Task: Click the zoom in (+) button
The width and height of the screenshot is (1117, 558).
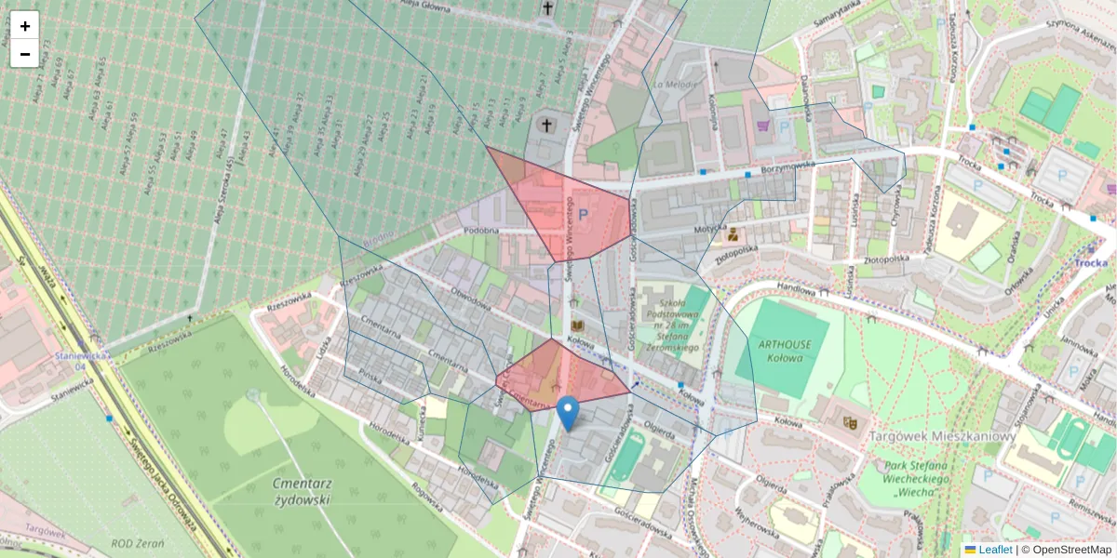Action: (x=25, y=26)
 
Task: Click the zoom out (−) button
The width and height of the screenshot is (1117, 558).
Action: (x=25, y=54)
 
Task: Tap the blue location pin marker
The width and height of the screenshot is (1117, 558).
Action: (x=568, y=413)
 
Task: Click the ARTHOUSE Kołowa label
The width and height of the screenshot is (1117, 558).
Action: (x=785, y=350)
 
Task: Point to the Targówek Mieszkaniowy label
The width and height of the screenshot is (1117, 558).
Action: (x=940, y=436)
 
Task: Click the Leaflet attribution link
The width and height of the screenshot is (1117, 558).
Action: (x=995, y=550)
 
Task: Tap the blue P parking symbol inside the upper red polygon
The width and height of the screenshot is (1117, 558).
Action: (x=584, y=215)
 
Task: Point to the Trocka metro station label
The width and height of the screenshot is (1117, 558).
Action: (x=1090, y=262)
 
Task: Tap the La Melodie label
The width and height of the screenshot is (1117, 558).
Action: (x=676, y=85)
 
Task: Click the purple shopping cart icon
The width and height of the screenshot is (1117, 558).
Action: (x=763, y=126)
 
